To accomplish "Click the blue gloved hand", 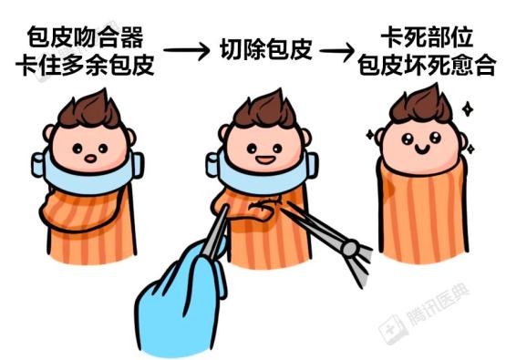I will pos(178,296).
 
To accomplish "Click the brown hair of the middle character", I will pos(259,109).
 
